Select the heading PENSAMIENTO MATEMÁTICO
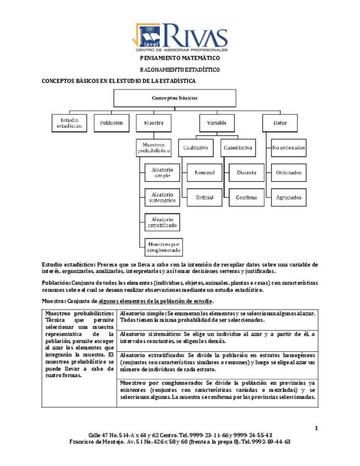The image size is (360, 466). coord(180,58)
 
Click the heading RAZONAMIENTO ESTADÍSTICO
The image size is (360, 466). coord(180,70)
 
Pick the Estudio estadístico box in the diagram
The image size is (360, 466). coord(70,123)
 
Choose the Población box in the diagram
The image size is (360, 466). coord(111,123)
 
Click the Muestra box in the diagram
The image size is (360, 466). coord(153,123)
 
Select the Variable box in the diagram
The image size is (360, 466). coord(217,123)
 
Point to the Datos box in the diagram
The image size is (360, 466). coord(280,123)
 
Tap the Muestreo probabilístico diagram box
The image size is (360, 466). coord(153,147)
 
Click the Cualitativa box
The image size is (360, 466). coord(196,148)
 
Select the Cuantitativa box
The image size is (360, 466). coord(238,148)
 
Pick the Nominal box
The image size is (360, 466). coord(204,173)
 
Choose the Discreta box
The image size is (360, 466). coord(246,173)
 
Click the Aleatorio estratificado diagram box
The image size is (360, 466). coord(162,221)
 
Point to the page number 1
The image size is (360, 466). coord(317,428)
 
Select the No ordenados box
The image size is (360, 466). coord(289,148)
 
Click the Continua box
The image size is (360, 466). coord(246,197)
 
